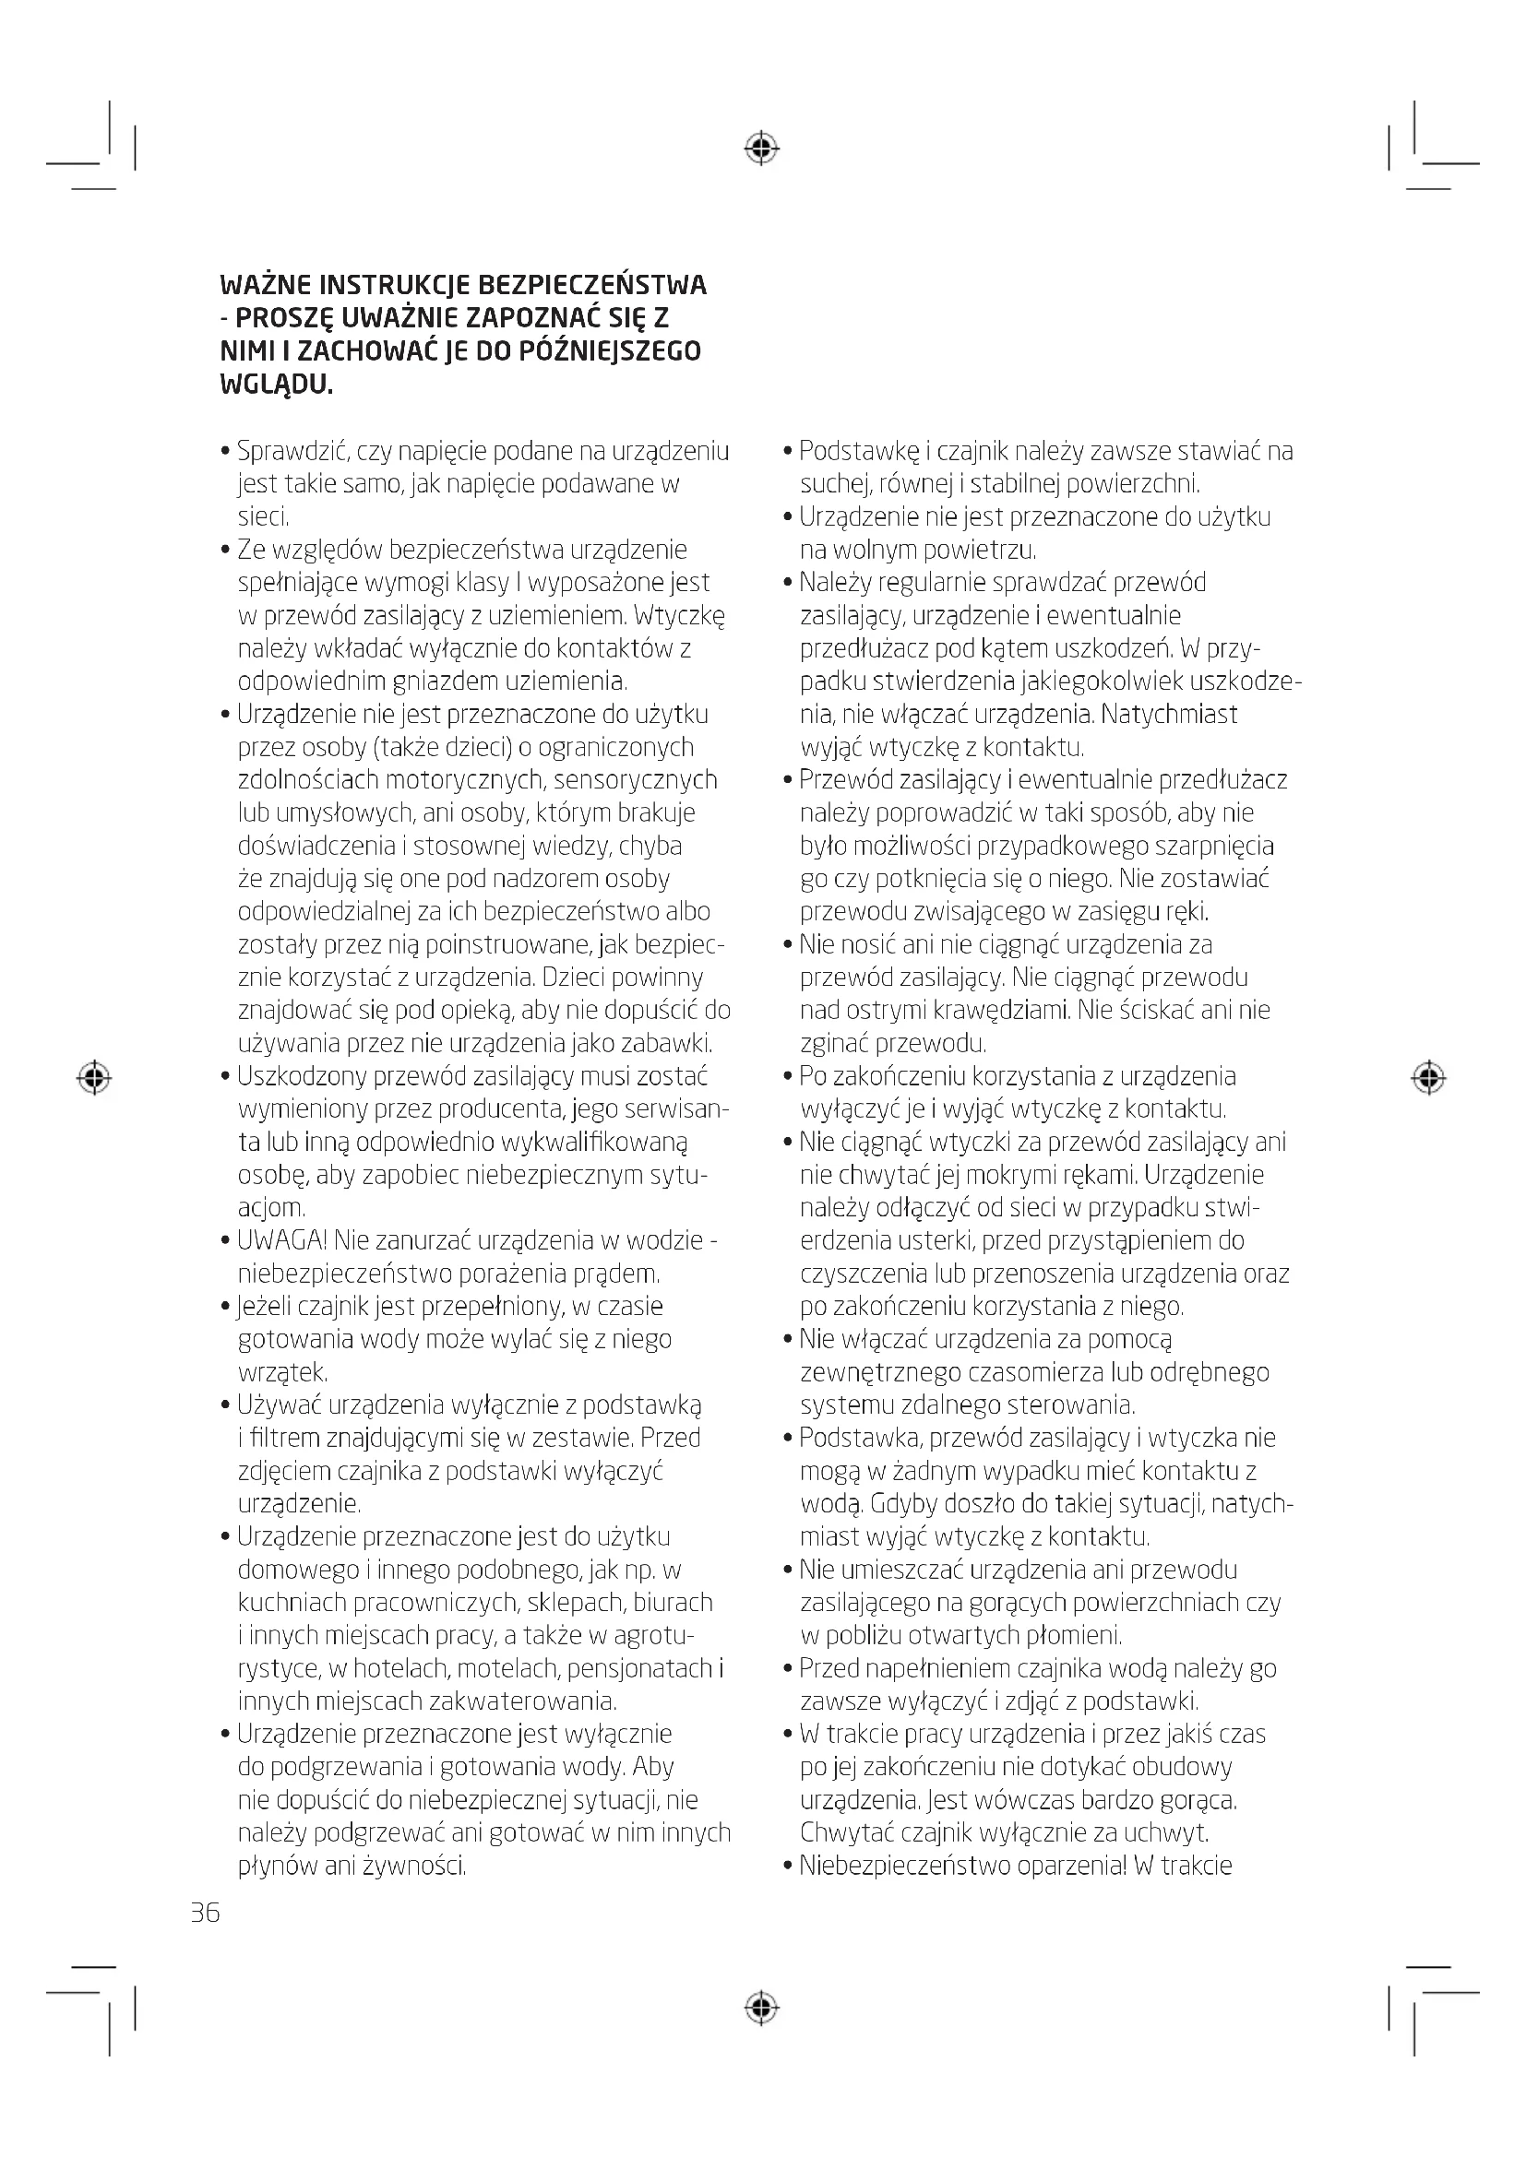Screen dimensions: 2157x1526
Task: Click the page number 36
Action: pyautogui.click(x=205, y=1913)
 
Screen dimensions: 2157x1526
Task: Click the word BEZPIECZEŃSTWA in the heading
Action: pyautogui.click(x=592, y=285)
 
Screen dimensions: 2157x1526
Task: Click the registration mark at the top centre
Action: pyautogui.click(x=762, y=148)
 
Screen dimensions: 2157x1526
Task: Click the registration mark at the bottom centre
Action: pyautogui.click(x=762, y=2009)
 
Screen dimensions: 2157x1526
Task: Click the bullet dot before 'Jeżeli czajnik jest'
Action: pyautogui.click(x=225, y=1307)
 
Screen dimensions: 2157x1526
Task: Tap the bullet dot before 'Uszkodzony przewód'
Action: pyautogui.click(x=225, y=1076)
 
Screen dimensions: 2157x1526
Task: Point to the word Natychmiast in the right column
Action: pyautogui.click(x=1169, y=714)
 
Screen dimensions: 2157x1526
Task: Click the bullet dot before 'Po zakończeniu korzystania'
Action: pyautogui.click(x=788, y=1076)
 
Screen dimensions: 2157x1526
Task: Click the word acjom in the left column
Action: pyautogui.click(x=270, y=1208)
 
